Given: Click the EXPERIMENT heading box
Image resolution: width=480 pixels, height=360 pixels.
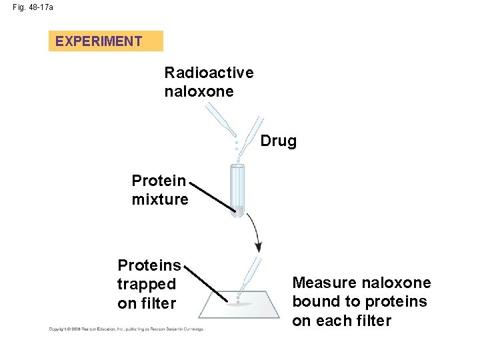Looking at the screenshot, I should [x=105, y=41].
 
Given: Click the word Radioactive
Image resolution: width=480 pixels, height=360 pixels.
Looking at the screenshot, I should [x=209, y=72].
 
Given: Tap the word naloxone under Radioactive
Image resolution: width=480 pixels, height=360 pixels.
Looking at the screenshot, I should [x=199, y=91].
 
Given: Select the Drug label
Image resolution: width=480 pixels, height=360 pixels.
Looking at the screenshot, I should [x=278, y=141].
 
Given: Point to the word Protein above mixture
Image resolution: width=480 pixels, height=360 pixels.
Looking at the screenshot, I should [x=159, y=181].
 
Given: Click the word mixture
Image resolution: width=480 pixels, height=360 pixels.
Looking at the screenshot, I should [x=160, y=199].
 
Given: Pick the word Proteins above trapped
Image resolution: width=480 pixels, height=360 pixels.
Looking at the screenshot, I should [x=149, y=265].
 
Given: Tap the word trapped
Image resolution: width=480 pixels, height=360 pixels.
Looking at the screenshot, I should [x=147, y=284].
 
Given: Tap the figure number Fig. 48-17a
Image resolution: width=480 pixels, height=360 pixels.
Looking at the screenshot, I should [x=33, y=7].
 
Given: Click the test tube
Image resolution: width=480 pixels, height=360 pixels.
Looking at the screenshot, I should [x=237, y=190].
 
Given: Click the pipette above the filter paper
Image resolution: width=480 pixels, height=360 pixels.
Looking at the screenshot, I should [x=249, y=273].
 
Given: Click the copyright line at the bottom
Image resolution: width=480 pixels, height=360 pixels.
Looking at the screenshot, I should [x=125, y=329].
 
